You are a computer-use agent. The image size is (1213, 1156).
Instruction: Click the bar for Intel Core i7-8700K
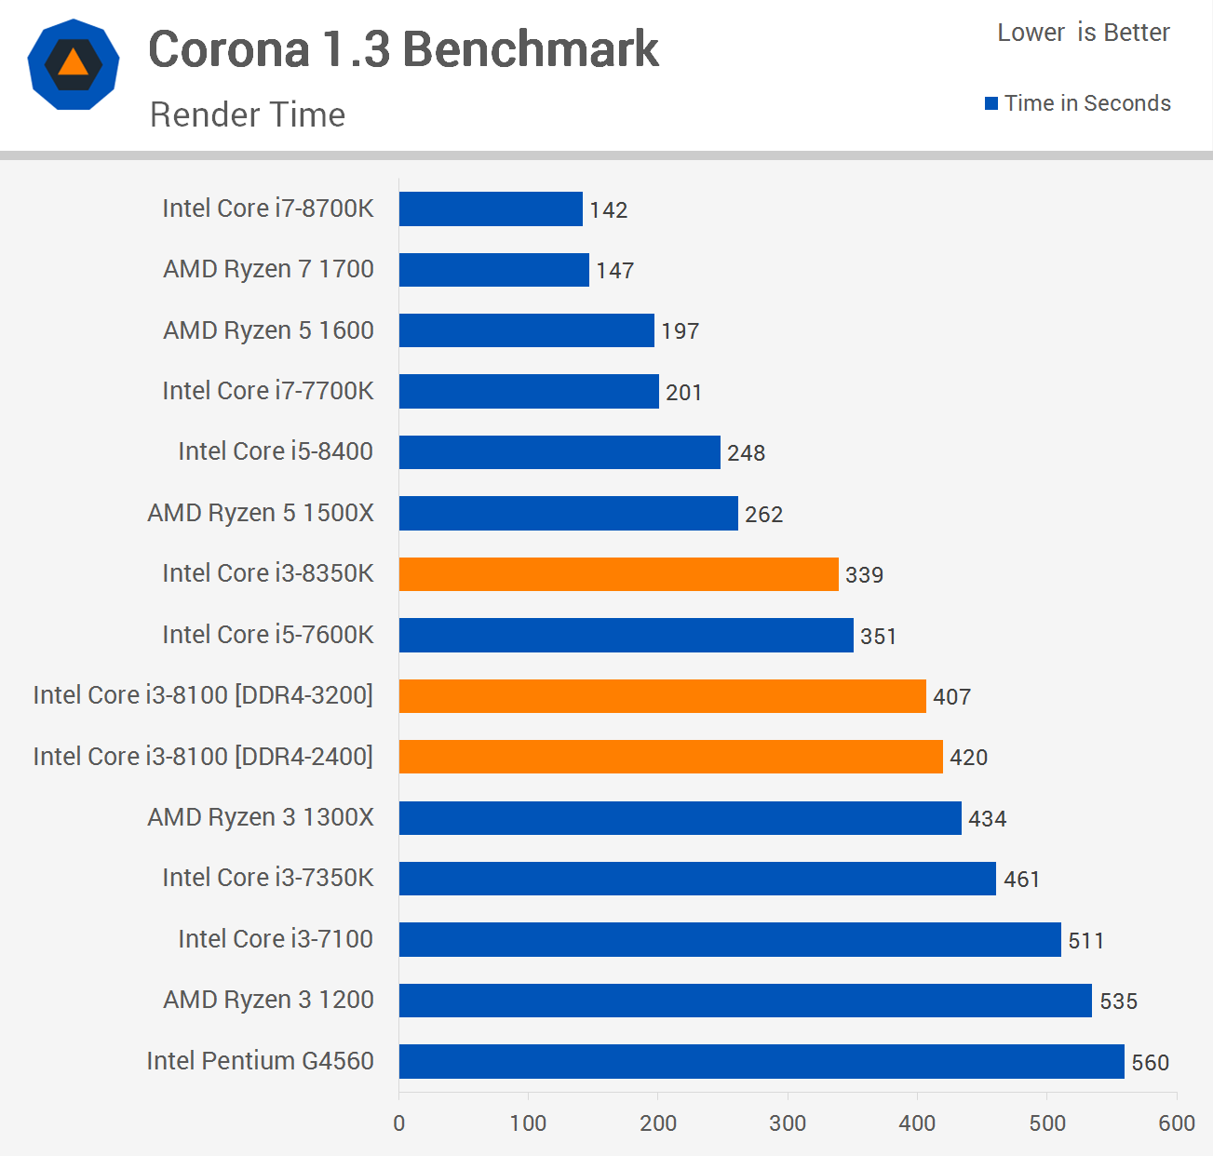tap(491, 208)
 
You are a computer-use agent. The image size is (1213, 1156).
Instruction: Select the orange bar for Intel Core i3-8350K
tap(618, 574)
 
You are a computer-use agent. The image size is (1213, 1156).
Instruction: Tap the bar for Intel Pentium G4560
tap(761, 1061)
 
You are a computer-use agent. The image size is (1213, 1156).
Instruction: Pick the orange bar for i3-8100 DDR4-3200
tap(662, 696)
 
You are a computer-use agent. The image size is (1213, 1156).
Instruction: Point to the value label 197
tap(680, 331)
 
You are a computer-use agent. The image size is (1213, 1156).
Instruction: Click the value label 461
tap(1021, 880)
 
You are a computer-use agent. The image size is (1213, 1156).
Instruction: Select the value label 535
tap(1118, 1001)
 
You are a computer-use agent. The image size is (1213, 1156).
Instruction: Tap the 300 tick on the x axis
tap(788, 1123)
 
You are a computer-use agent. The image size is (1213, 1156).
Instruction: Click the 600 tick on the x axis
tap(1176, 1123)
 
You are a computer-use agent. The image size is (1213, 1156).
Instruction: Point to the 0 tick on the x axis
tap(399, 1123)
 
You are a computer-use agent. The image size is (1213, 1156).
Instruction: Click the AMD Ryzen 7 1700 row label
tap(268, 269)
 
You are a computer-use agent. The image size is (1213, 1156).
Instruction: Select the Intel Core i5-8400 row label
tap(276, 451)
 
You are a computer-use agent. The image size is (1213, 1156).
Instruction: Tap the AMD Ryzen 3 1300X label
tap(261, 817)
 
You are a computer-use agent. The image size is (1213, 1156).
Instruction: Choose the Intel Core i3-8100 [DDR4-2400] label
tap(203, 757)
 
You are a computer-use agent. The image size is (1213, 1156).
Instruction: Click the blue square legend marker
tap(991, 103)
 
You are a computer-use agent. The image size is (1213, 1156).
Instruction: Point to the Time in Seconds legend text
tap(1087, 103)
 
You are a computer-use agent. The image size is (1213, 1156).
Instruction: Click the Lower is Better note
tap(1084, 33)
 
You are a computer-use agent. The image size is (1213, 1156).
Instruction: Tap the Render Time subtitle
tap(248, 114)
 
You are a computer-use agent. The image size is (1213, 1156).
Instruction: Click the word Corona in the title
tap(229, 49)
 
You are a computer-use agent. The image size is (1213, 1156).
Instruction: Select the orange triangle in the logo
tap(73, 63)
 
